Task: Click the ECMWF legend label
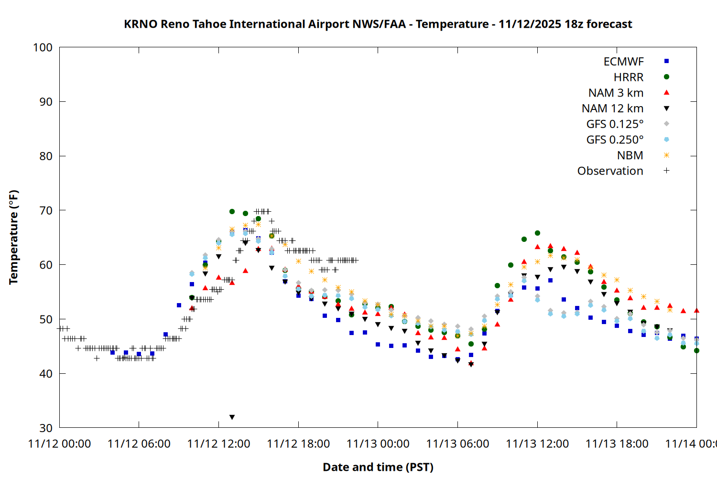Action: click(x=623, y=62)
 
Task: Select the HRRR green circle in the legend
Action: click(x=666, y=77)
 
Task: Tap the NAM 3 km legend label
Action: click(x=616, y=93)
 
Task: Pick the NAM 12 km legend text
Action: click(x=612, y=109)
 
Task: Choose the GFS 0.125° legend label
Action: click(x=615, y=124)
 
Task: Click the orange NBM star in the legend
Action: click(x=666, y=155)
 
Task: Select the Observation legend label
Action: click(x=610, y=171)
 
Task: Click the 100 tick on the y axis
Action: click(x=43, y=47)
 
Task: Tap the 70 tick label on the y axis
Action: click(x=46, y=210)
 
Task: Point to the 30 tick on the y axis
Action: click(x=46, y=428)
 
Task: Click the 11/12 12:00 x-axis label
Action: click(x=218, y=444)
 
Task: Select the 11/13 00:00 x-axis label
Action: click(x=378, y=444)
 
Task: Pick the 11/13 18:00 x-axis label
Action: click(x=617, y=444)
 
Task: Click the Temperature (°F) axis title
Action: click(x=13, y=237)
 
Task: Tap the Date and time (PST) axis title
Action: click(x=378, y=467)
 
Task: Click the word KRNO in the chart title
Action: click(x=141, y=24)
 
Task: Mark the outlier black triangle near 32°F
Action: click(x=232, y=417)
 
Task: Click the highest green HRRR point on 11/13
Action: click(x=537, y=233)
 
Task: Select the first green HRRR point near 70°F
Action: click(x=232, y=211)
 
